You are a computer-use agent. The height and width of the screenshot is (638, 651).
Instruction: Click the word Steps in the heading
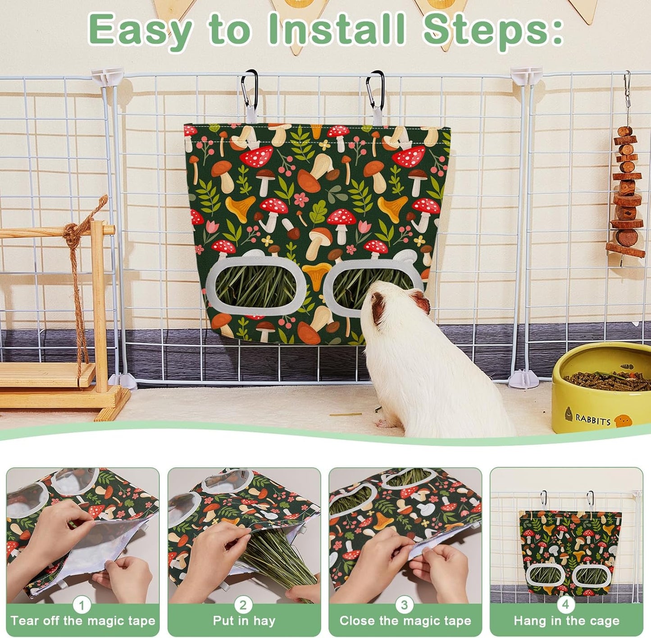click(493, 30)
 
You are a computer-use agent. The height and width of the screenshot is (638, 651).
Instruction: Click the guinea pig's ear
click(419, 302)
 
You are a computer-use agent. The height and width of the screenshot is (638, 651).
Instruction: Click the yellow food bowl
click(602, 387)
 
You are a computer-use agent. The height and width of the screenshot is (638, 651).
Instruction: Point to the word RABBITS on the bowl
click(593, 419)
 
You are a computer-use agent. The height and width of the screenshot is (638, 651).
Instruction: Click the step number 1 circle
click(82, 605)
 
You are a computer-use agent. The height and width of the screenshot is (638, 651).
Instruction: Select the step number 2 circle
click(243, 605)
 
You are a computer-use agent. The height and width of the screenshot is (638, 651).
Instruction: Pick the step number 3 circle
click(405, 605)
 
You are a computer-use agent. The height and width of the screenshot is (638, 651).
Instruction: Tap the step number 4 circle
click(566, 605)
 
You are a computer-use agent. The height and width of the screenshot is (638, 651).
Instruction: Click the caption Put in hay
click(244, 621)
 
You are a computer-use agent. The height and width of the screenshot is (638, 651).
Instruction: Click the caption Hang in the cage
click(566, 621)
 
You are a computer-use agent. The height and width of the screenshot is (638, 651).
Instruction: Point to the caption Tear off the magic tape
click(83, 621)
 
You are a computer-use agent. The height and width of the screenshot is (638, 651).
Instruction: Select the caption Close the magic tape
click(405, 621)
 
